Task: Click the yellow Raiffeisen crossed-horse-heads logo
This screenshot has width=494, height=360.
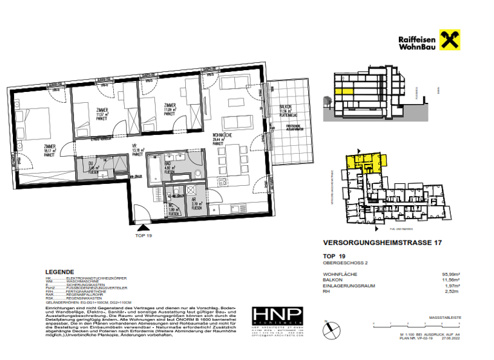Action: point(448,40)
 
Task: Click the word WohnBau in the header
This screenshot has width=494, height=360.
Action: point(417,47)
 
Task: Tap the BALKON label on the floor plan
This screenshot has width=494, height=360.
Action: point(285,107)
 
